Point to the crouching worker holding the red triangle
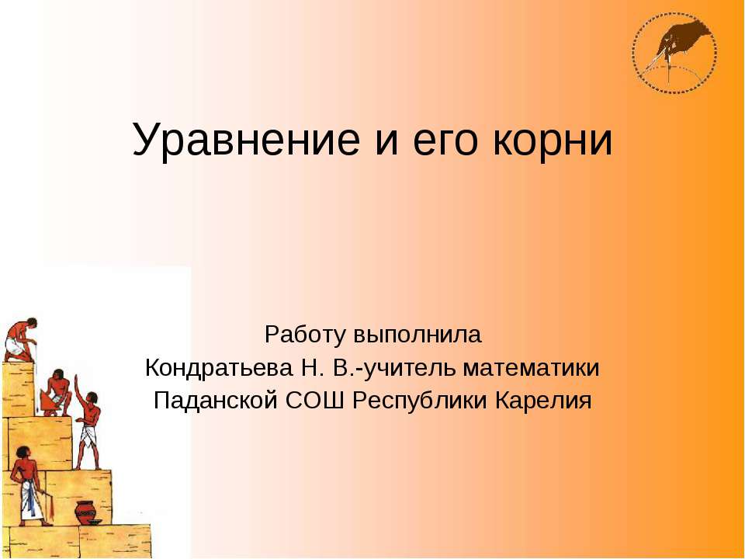point(54,392)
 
